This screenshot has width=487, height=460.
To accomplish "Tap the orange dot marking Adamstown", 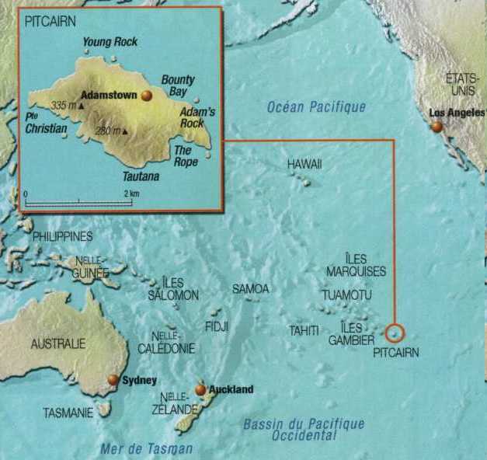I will [147, 96].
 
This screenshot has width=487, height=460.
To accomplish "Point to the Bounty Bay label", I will [178, 86].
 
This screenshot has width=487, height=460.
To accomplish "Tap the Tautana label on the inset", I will [140, 176].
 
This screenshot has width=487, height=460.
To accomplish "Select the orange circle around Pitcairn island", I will [395, 333].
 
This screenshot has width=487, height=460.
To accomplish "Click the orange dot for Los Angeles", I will [437, 126].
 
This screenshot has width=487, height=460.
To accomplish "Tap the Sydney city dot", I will [113, 379].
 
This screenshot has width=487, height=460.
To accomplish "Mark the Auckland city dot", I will [200, 389].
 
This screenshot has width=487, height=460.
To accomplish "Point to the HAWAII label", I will [304, 165].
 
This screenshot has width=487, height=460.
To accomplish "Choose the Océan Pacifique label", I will [316, 107].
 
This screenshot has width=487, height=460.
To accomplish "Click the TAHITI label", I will [304, 331].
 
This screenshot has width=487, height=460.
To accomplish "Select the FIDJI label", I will [217, 327].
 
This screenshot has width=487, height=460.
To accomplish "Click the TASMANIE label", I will [68, 412].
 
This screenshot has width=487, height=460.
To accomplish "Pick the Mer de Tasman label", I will [146, 448].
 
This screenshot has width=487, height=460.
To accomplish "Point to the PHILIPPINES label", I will [63, 236].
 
